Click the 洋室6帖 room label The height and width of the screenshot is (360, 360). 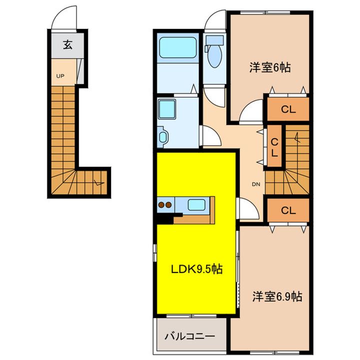pos(270,67)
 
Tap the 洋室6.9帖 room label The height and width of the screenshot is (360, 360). pos(276,296)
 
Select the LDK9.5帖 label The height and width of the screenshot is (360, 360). pos(197,269)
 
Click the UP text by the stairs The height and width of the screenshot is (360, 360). pos(59,76)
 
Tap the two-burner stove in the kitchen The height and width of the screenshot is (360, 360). pos(165,204)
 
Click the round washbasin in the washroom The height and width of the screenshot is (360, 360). pos(162,136)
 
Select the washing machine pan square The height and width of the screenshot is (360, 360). pos(167,108)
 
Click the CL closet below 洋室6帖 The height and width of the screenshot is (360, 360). pos(287,109)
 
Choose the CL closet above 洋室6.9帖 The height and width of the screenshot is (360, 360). pos(287,210)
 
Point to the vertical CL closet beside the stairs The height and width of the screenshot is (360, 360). pos(274,148)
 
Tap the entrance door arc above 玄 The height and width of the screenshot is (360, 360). pos(64,17)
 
